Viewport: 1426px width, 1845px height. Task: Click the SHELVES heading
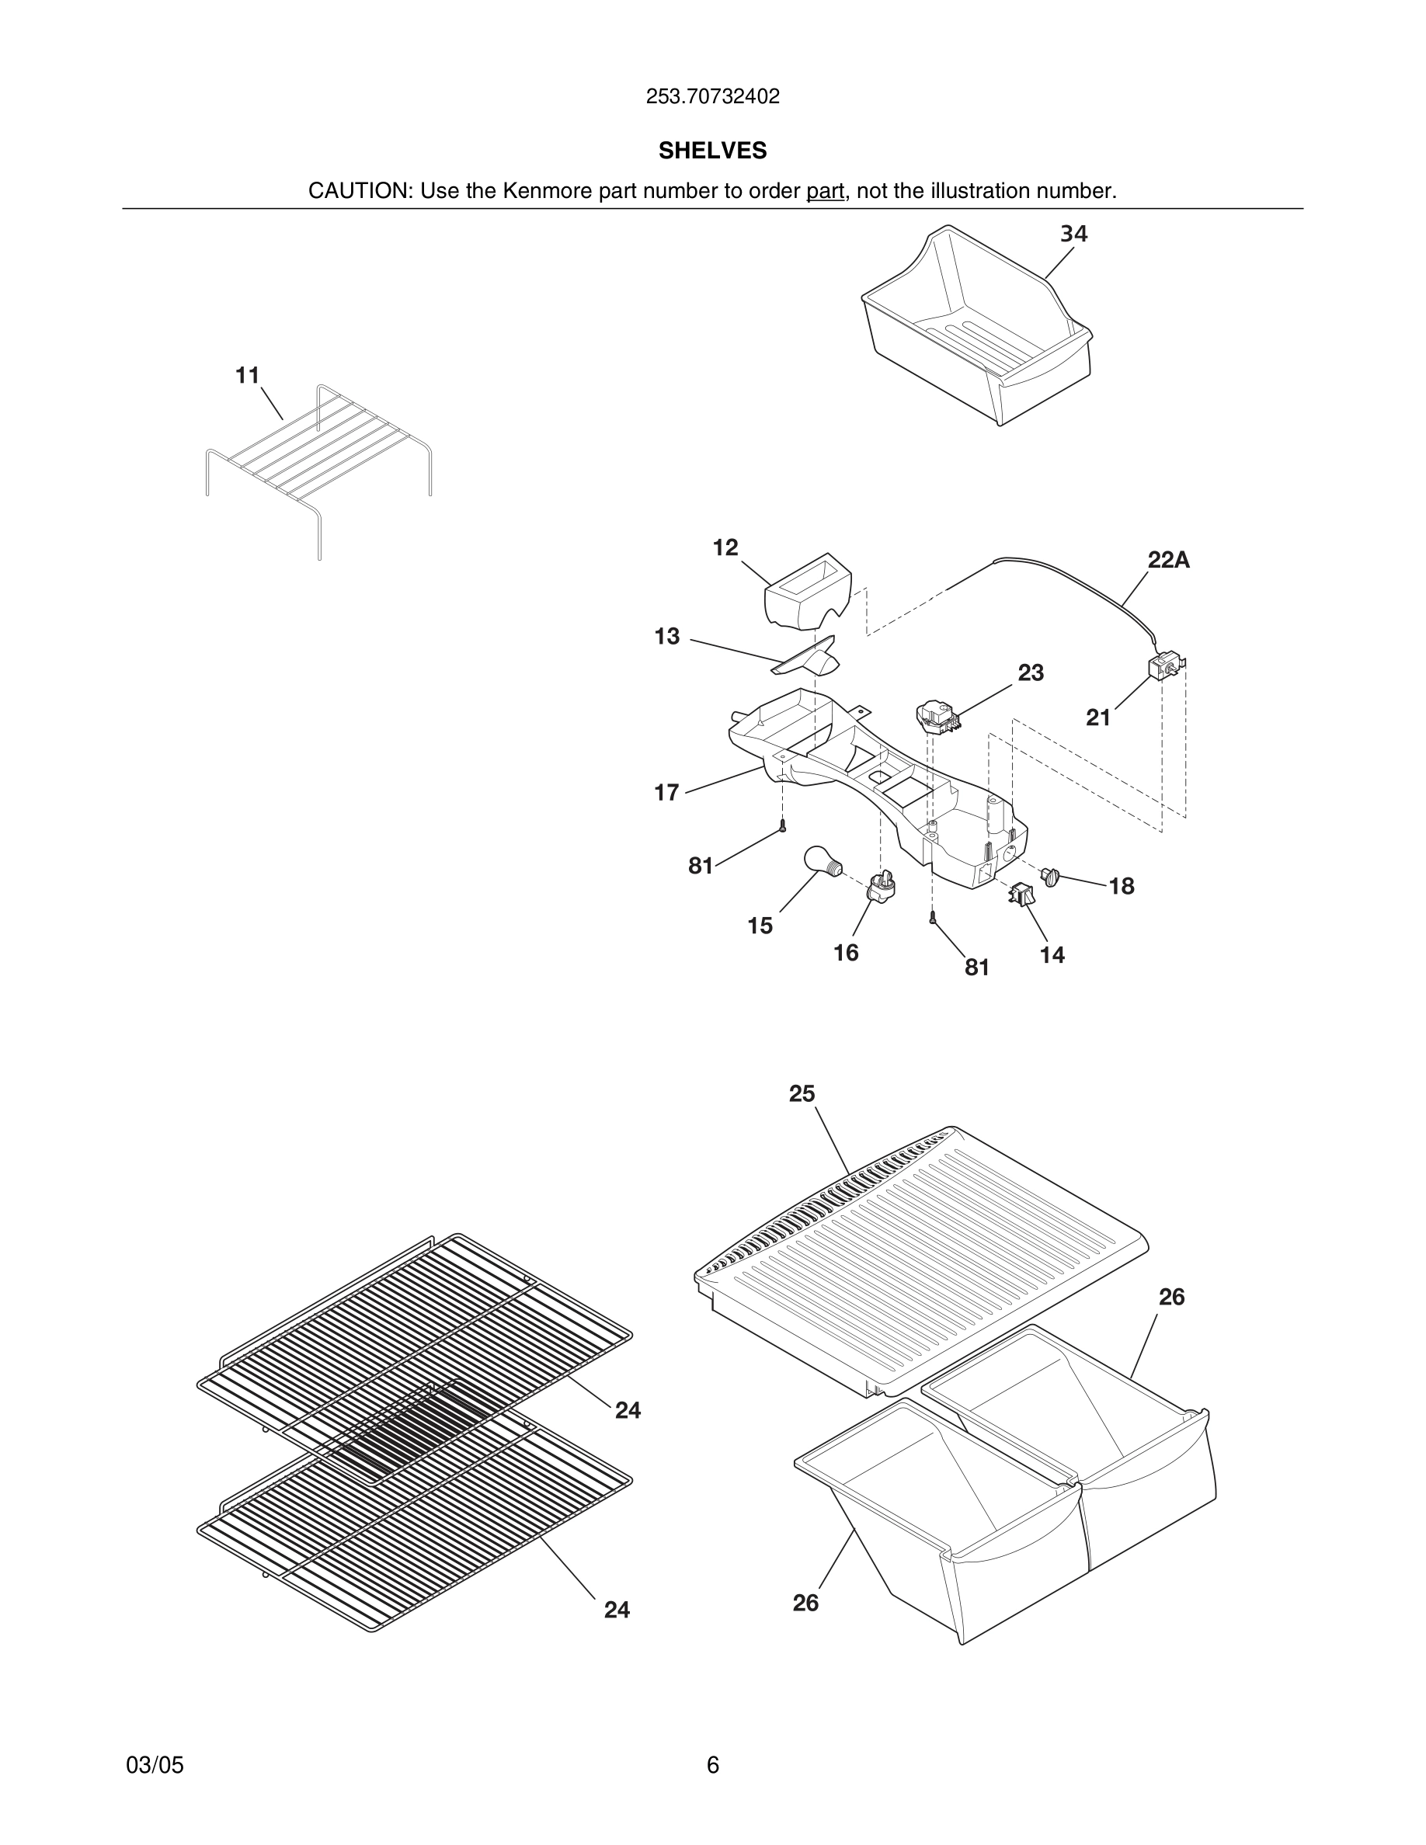[x=712, y=151]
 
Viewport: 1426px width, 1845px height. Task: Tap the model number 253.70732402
[x=712, y=96]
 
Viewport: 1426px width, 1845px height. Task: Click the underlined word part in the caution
[x=825, y=191]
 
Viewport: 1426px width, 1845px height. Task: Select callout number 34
[x=1073, y=234]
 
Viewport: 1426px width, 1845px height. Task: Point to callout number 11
[x=247, y=375]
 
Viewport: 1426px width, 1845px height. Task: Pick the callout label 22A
[x=1168, y=560]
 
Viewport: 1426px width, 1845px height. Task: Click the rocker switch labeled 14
[x=1021, y=895]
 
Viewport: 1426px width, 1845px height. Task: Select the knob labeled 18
[x=1052, y=876]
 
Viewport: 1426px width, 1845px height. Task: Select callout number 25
[x=802, y=1094]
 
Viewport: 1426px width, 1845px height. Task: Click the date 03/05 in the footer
[x=155, y=1765]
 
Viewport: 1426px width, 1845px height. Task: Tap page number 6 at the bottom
[x=712, y=1765]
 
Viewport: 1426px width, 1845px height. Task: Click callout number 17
[x=666, y=792]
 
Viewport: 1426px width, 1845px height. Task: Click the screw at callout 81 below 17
[x=783, y=828]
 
